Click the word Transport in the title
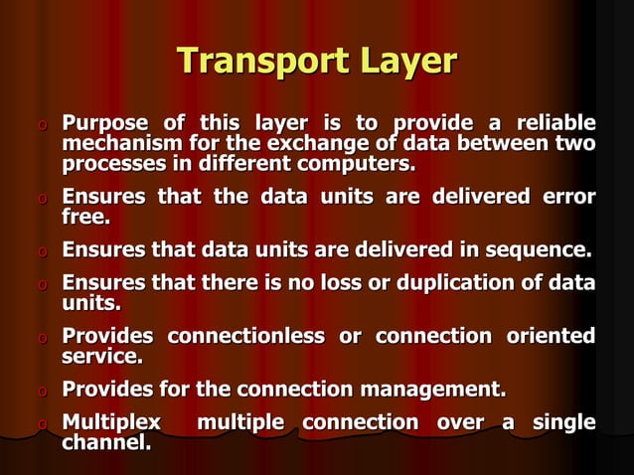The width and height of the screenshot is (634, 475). coord(249,62)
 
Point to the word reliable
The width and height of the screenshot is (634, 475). coord(554,124)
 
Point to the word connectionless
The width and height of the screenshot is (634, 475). coord(245,336)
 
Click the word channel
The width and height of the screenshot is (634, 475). coord(105,441)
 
